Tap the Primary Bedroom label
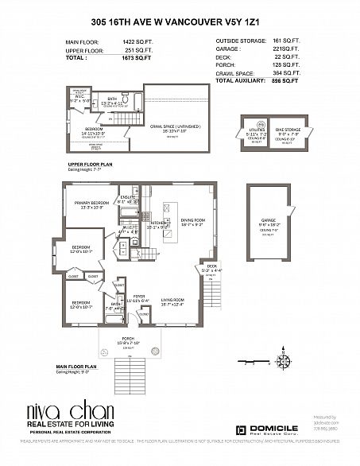91,203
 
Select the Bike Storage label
285,130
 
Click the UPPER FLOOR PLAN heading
91,164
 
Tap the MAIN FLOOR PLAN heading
76,366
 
